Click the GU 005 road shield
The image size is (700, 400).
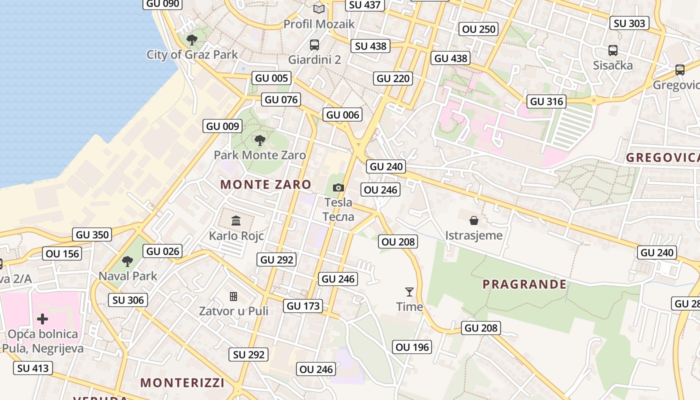click(271, 78)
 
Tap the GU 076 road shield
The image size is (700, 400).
click(281, 99)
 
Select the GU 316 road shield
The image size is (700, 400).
click(546, 101)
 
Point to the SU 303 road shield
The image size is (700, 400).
click(629, 23)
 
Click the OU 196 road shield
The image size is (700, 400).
click(412, 347)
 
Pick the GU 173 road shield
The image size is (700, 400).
click(304, 305)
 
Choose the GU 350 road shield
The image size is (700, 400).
click(92, 234)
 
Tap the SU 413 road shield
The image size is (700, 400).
click(33, 368)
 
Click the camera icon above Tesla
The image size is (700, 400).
click(338, 187)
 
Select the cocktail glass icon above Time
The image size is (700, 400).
click(409, 291)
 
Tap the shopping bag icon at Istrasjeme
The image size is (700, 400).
click(473, 220)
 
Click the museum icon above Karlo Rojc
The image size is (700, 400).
click(236, 220)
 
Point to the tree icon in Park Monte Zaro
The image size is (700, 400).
click(259, 140)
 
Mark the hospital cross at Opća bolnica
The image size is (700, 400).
click(42, 318)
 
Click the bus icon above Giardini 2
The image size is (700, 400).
click(314, 45)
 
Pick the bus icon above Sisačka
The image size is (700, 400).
click(612, 50)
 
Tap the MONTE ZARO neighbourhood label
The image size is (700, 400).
click(266, 184)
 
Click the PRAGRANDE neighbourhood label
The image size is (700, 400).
click(524, 284)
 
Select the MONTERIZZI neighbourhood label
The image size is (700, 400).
click(182, 383)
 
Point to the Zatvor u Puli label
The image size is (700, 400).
click(233, 311)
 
